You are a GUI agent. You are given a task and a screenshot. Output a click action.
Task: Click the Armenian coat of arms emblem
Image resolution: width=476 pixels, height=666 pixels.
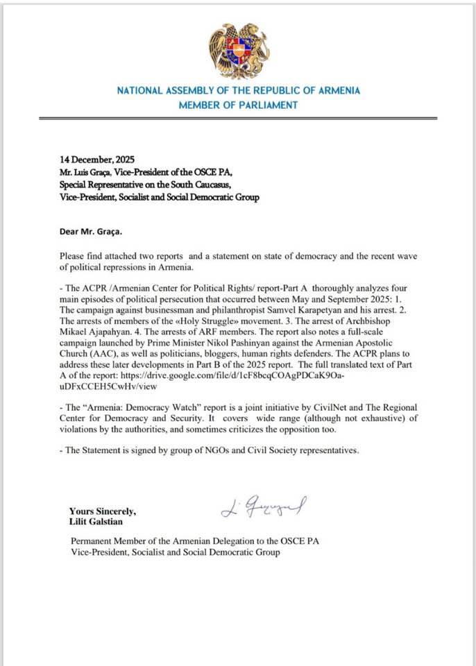pyautogui.click(x=238, y=50)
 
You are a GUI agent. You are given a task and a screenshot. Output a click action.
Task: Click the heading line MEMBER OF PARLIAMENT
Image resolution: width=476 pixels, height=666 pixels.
pyautogui.click(x=238, y=105)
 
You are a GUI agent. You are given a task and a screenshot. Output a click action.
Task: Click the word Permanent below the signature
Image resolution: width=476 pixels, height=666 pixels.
pyautogui.click(x=92, y=541)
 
